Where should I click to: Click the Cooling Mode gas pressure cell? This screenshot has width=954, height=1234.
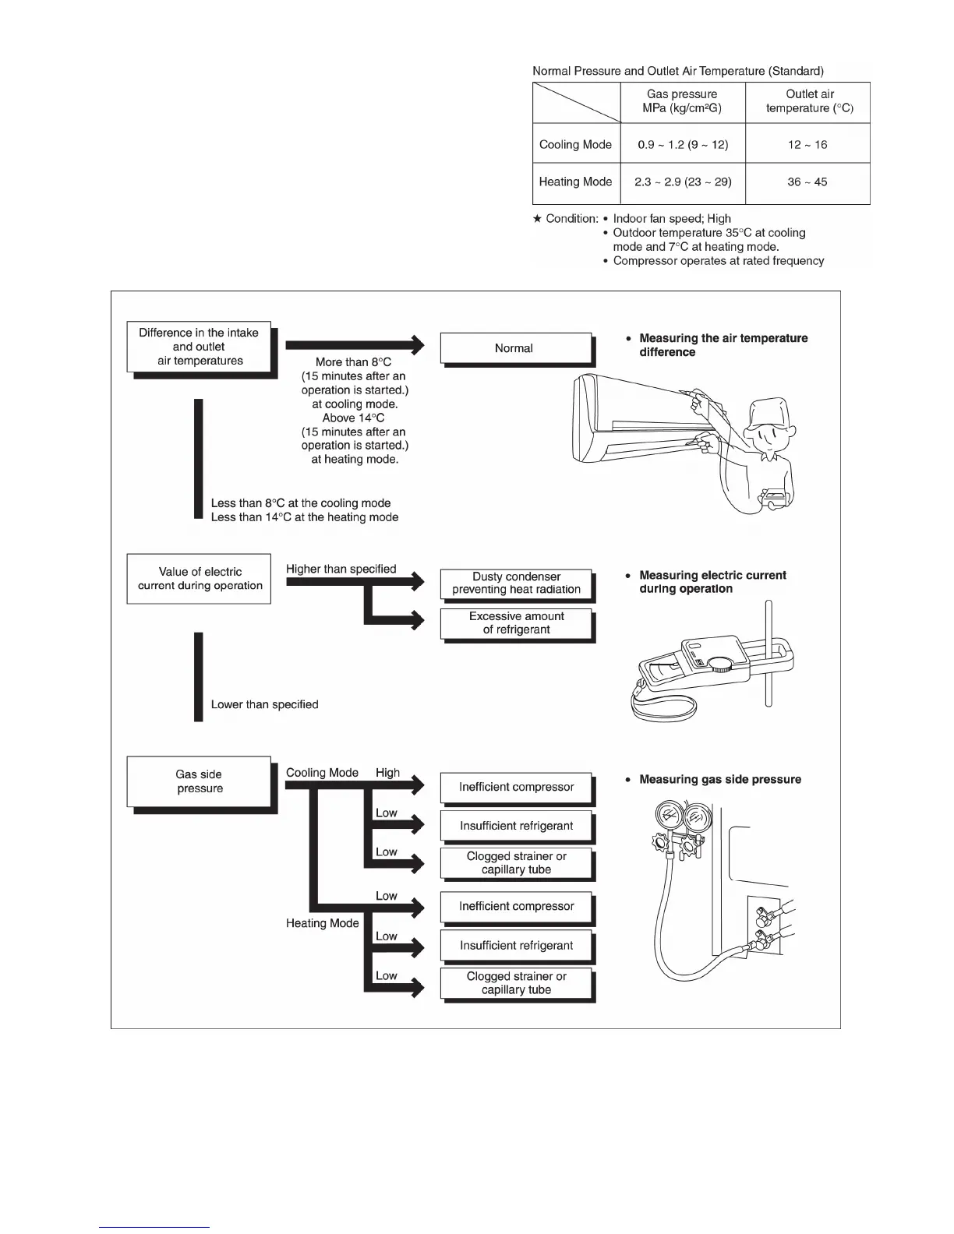click(683, 145)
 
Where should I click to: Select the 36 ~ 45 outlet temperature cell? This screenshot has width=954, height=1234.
click(807, 182)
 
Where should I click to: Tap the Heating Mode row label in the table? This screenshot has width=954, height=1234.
click(575, 182)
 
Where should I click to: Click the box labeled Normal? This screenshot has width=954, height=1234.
click(514, 348)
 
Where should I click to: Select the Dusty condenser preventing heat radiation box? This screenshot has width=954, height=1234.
click(516, 583)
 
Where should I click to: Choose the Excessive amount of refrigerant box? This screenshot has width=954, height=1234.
click(516, 622)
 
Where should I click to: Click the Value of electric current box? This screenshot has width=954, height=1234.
click(200, 579)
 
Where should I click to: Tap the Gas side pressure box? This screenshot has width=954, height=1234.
click(200, 781)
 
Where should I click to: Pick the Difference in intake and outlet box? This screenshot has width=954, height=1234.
click(199, 347)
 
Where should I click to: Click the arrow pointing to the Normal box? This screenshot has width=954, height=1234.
click(355, 344)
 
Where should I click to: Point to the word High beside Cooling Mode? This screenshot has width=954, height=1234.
click(387, 773)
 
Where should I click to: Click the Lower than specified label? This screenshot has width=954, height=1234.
click(264, 704)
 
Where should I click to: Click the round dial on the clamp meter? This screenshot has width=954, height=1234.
click(721, 664)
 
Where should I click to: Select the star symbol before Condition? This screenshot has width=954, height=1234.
click(537, 219)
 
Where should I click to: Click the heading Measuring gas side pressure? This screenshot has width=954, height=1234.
click(719, 779)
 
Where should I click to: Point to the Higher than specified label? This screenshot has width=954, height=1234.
click(341, 569)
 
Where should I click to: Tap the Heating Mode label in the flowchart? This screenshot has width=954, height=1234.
click(322, 923)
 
